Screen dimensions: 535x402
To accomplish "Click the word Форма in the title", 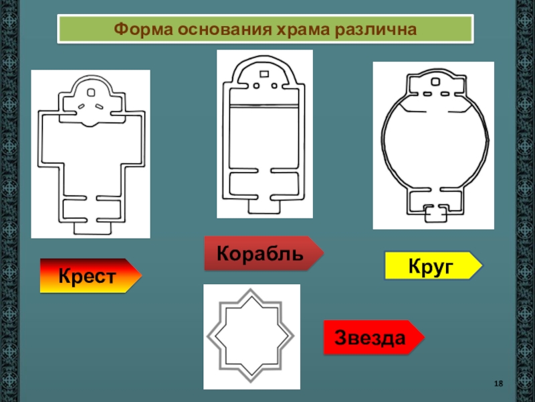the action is pyautogui.click(x=138, y=30).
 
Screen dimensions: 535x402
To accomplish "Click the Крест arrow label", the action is pyautogui.click(x=87, y=275).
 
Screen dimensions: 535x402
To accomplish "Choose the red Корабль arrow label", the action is pyautogui.click(x=259, y=253).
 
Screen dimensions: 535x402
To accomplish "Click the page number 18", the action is pyautogui.click(x=498, y=383).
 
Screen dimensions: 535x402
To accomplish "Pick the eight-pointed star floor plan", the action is pyautogui.click(x=252, y=336).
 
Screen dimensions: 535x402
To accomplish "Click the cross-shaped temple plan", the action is pyautogui.click(x=91, y=154).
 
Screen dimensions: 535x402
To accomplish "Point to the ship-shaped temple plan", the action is pyautogui.click(x=265, y=134).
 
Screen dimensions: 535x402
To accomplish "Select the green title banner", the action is pyautogui.click(x=265, y=30).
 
